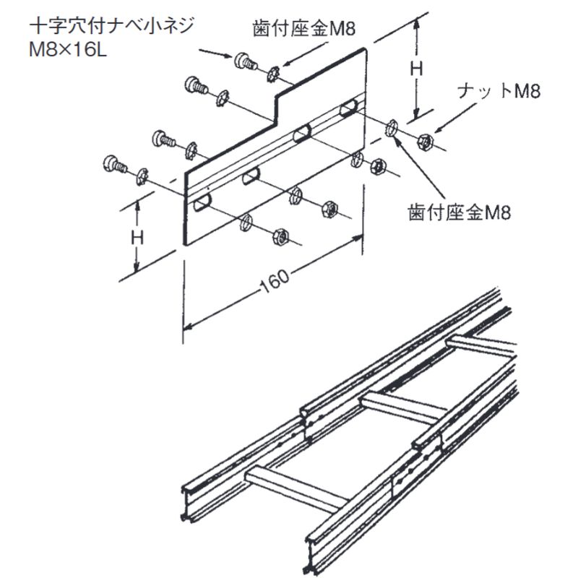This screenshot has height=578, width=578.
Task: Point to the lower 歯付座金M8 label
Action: click(460, 212)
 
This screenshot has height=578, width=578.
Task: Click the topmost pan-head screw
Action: click(243, 60)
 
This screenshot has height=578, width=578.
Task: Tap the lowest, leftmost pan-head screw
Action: click(113, 162)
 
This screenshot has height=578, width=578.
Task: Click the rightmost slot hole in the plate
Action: click(348, 108)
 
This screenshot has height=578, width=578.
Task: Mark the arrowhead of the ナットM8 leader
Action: click(438, 129)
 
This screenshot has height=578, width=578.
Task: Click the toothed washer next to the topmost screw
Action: click(274, 72)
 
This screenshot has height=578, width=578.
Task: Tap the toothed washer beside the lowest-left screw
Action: click(142, 175)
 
